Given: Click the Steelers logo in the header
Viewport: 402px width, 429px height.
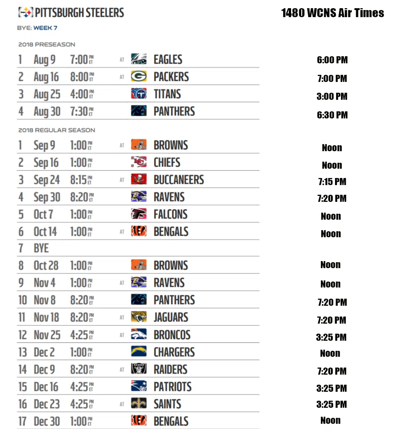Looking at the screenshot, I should (x=26, y=13).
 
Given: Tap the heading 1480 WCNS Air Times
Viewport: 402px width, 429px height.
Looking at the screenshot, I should (x=332, y=13).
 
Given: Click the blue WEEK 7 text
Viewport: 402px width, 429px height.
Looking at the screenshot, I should (x=45, y=28).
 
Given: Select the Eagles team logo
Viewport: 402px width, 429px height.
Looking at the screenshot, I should (x=138, y=59).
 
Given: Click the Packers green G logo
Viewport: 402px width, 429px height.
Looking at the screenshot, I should (x=138, y=77).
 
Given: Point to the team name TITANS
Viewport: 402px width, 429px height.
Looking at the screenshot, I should (x=167, y=94).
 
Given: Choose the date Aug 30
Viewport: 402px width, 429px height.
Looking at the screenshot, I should (x=47, y=111).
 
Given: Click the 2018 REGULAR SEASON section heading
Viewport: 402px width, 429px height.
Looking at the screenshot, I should (x=57, y=130).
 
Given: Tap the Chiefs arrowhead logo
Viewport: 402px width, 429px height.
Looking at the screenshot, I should (x=138, y=162).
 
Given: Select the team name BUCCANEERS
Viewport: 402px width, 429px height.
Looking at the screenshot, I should (x=179, y=180).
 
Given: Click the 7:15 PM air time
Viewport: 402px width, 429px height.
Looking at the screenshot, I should (x=332, y=182).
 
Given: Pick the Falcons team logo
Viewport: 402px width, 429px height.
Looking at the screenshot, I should (x=138, y=214).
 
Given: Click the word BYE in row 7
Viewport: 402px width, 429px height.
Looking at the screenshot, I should (x=41, y=248).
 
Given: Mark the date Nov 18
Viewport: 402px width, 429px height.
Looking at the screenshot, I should (x=47, y=317).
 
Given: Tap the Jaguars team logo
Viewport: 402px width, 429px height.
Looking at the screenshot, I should (x=138, y=317).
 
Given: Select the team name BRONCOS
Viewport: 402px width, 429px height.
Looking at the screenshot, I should (x=172, y=335).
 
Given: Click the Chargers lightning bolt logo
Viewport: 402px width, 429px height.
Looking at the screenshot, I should (x=138, y=352).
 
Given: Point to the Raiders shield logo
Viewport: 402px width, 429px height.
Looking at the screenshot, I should (x=138, y=369).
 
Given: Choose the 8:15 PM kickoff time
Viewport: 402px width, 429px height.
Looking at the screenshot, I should (x=81, y=180).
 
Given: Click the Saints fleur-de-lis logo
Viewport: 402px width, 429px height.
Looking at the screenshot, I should (x=138, y=404).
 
